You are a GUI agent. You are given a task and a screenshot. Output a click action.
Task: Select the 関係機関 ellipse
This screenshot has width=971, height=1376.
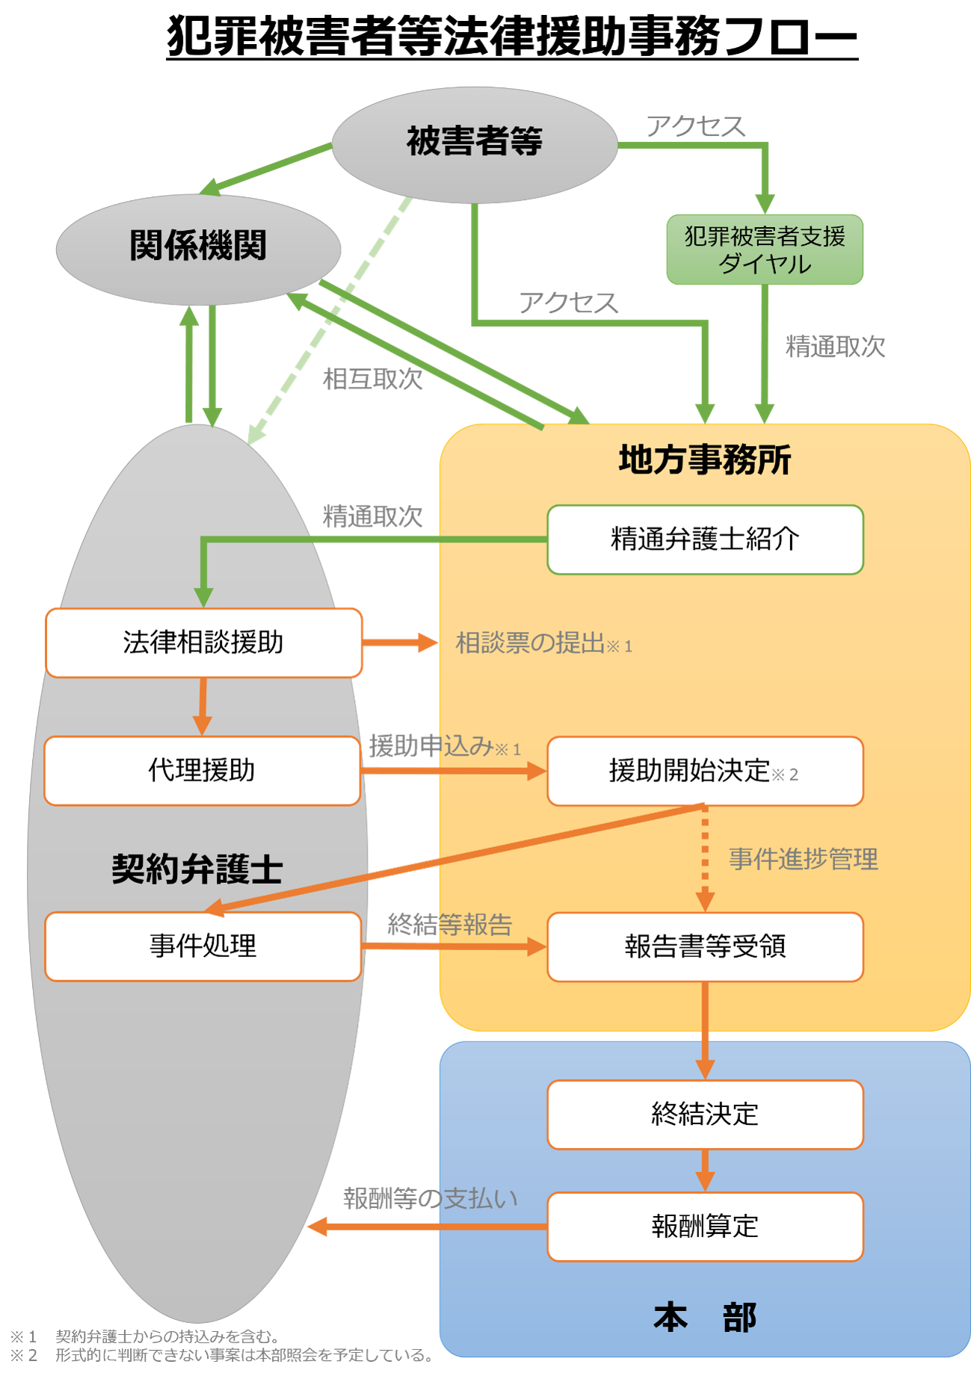coord(198,247)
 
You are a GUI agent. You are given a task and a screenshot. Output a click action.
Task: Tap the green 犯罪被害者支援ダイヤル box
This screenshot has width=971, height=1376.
coord(764,250)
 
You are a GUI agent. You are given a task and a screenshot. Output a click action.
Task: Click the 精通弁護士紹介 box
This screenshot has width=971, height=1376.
coord(705,539)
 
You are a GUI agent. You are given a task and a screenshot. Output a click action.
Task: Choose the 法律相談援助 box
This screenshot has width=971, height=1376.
coord(203,642)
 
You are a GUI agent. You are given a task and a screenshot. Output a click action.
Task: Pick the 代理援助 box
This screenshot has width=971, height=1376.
coord(202,770)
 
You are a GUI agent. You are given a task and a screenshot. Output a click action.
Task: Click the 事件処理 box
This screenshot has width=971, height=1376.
coord(203,946)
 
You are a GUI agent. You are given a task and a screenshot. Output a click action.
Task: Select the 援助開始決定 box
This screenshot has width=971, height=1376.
coord(705,771)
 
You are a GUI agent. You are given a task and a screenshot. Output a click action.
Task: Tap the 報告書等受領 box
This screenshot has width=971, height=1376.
coord(705,946)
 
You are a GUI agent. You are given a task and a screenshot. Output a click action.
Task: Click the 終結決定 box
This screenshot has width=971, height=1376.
coord(705,1114)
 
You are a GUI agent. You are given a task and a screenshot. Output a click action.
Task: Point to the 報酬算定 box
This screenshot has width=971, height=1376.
coord(705,1226)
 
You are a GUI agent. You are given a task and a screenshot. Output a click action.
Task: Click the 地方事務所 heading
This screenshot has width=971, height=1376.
coord(704,459)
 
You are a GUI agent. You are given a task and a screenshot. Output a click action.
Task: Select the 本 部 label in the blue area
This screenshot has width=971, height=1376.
coord(704,1317)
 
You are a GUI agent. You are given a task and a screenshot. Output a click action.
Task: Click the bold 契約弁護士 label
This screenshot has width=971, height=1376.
coord(197,870)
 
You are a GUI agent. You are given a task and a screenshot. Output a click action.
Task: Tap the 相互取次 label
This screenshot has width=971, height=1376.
coord(372,379)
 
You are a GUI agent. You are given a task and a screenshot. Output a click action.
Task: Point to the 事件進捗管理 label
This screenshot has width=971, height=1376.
coord(803,859)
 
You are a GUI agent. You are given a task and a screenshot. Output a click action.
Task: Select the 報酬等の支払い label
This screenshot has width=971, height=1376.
coord(430,1198)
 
